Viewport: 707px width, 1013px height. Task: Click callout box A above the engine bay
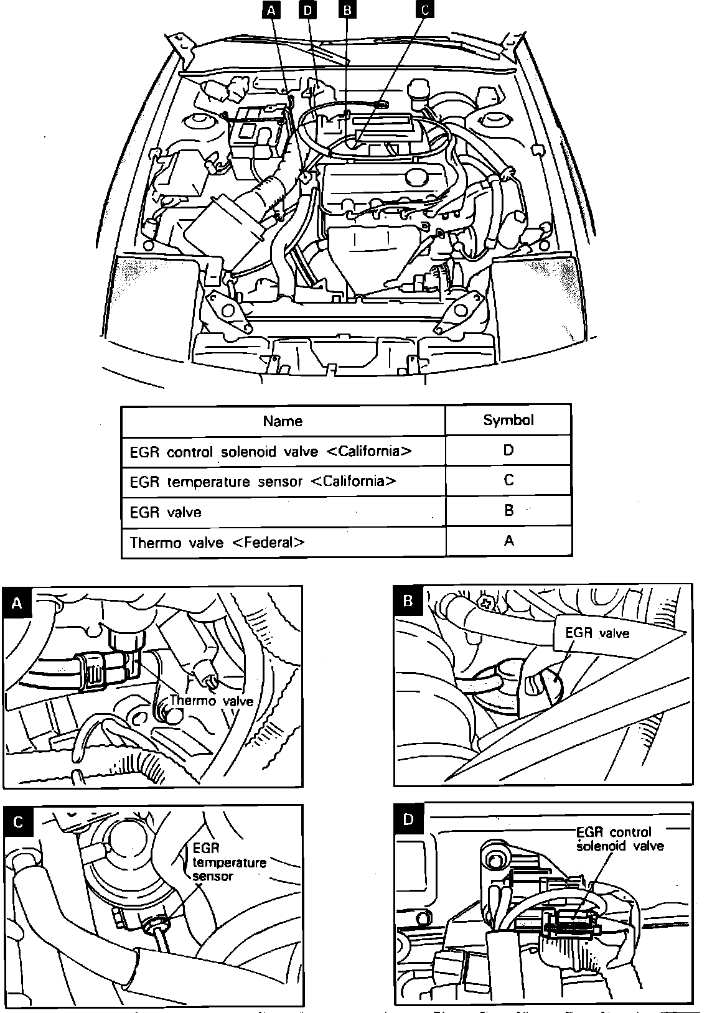coord(271,10)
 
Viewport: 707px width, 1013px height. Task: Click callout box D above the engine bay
coord(307,10)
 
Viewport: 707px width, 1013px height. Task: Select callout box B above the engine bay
coord(347,10)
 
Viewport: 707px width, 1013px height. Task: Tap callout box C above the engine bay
coord(424,10)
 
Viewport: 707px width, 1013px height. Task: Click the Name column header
coord(283,421)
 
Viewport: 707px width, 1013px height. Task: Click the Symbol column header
coord(508,420)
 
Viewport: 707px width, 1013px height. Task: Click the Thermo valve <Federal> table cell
coord(217,542)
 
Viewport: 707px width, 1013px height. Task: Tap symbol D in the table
coord(508,450)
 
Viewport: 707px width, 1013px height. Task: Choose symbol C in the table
coord(508,480)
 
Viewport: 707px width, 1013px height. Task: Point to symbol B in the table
coord(509,511)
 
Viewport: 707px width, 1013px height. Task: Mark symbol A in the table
coord(509,541)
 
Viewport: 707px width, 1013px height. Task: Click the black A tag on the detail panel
coord(17,602)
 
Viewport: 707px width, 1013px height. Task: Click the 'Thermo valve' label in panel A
coord(211,701)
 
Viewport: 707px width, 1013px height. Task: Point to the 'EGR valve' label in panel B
coord(597,633)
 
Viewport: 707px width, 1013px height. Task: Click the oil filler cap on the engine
coord(416,175)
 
